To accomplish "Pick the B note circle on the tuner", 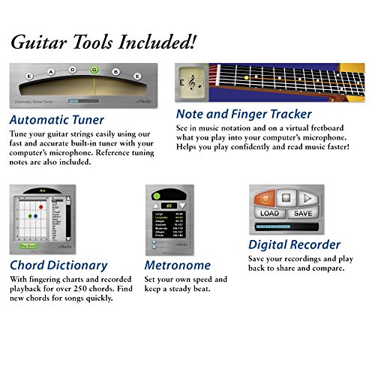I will [x=116, y=71].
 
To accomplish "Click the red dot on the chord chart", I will [x=40, y=206].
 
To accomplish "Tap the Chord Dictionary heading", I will [x=58, y=265].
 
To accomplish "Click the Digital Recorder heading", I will [x=294, y=244].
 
